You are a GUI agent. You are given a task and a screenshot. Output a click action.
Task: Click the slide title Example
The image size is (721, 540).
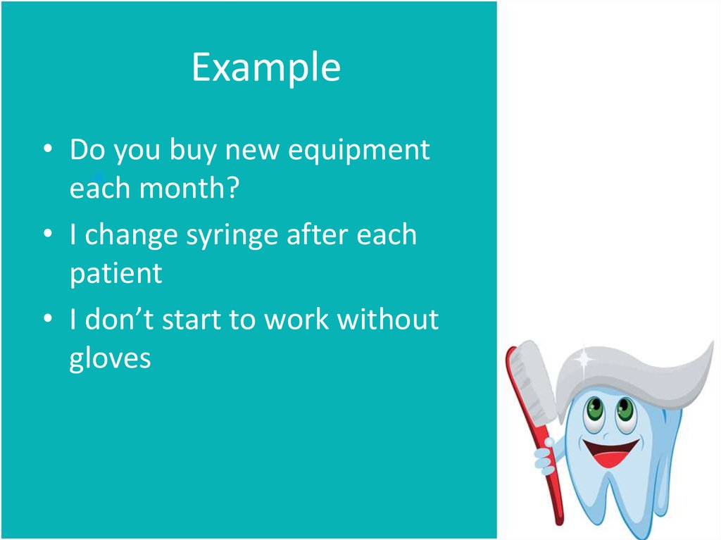(x=266, y=68)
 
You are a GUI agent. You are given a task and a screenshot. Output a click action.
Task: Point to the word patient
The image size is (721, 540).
(x=116, y=275)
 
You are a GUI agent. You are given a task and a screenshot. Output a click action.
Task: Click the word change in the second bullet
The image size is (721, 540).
(x=131, y=236)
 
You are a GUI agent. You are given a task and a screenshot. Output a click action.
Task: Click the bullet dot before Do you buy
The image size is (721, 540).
(x=48, y=149)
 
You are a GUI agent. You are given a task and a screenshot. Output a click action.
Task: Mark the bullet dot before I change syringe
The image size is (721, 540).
(x=48, y=234)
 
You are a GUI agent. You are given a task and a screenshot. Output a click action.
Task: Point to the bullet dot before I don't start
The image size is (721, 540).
(x=48, y=318)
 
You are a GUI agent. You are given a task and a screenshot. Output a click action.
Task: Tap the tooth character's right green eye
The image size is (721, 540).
(x=625, y=409)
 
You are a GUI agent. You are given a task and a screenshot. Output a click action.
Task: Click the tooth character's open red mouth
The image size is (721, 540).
(x=610, y=453)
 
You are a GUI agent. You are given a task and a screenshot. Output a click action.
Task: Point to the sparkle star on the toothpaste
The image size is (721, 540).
(x=584, y=359)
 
